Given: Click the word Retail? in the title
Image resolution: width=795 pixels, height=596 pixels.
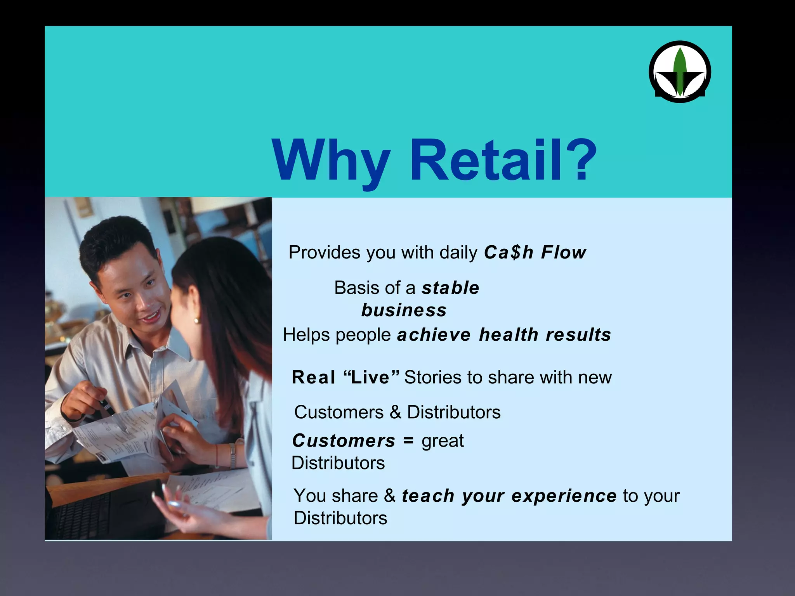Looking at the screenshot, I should [503, 160].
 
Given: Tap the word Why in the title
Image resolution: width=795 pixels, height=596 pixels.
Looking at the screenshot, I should [331, 160].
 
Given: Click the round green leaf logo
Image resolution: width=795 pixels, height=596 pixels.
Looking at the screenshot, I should [680, 72].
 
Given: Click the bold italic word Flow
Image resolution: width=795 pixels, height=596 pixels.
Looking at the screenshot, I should [564, 253].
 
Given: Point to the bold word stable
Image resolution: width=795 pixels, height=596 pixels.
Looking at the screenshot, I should [451, 288].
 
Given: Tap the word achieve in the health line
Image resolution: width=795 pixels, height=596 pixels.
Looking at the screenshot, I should [434, 335].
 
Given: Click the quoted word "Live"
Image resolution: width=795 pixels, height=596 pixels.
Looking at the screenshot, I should [371, 377].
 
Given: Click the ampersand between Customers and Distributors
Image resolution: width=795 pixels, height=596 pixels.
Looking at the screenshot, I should [395, 412].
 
